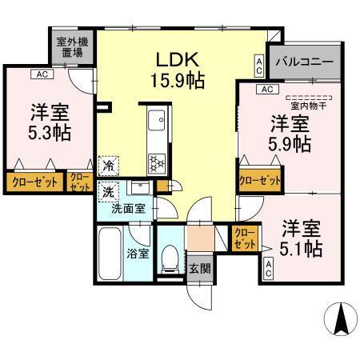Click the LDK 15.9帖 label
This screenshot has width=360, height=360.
[183, 70]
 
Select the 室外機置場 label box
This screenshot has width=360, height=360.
[70, 48]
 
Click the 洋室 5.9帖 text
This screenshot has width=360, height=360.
[290, 134]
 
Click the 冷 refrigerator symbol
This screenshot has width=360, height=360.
[107, 166]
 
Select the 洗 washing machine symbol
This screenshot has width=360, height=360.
[107, 191]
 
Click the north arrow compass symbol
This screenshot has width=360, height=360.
[341, 320]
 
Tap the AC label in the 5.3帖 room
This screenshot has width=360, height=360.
[38, 74]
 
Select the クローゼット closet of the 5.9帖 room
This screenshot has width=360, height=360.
[259, 181]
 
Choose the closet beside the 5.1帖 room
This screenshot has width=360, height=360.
[245, 238]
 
